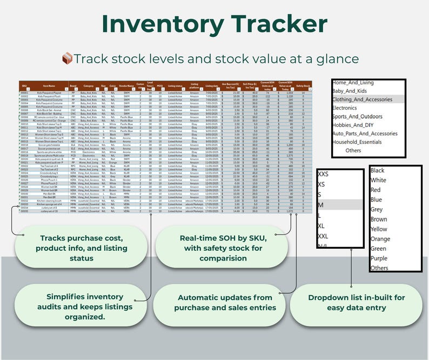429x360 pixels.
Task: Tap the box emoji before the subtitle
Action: [x=67, y=58]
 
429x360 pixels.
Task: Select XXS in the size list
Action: [x=323, y=175]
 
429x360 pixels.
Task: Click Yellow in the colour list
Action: [x=379, y=229]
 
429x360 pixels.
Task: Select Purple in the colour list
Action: [x=379, y=258]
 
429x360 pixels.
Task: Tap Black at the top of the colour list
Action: [x=378, y=171]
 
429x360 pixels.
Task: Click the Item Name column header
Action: [x=49, y=86]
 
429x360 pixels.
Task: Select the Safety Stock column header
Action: [x=304, y=86]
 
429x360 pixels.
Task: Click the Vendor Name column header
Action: [x=126, y=86]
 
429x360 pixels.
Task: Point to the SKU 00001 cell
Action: [x=24, y=93]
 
